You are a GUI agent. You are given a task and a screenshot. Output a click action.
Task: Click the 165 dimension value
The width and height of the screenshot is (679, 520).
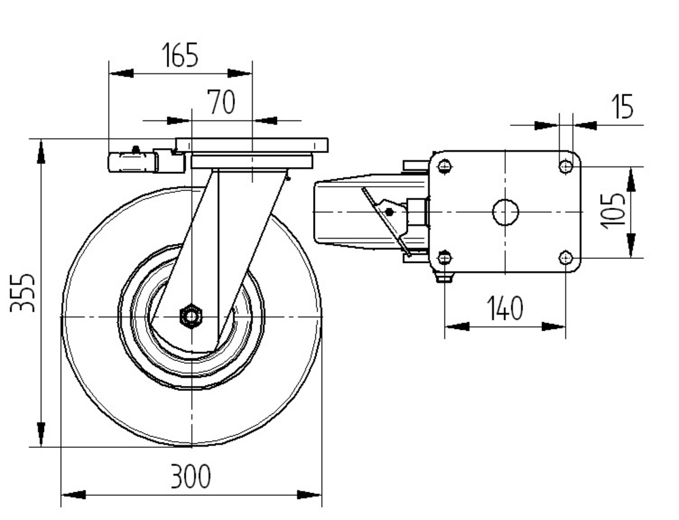180,55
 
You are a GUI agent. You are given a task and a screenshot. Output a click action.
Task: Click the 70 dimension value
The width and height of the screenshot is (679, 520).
221,102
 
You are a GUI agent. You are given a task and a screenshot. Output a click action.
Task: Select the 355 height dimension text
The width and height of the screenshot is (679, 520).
22,293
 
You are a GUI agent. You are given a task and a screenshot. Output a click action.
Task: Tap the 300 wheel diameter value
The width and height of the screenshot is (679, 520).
191,476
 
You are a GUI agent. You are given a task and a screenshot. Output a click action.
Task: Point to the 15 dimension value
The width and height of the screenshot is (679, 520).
622,106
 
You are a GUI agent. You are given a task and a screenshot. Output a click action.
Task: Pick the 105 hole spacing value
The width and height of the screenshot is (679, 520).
613,211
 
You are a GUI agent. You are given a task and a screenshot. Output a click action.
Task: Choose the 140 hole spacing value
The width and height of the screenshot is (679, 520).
505,308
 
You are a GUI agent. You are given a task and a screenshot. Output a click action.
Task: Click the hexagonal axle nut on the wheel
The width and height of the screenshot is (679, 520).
191,316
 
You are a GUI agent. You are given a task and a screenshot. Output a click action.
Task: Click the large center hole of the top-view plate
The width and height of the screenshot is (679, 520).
505,212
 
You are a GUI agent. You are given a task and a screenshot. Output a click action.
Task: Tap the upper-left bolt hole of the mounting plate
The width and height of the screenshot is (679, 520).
445,166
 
